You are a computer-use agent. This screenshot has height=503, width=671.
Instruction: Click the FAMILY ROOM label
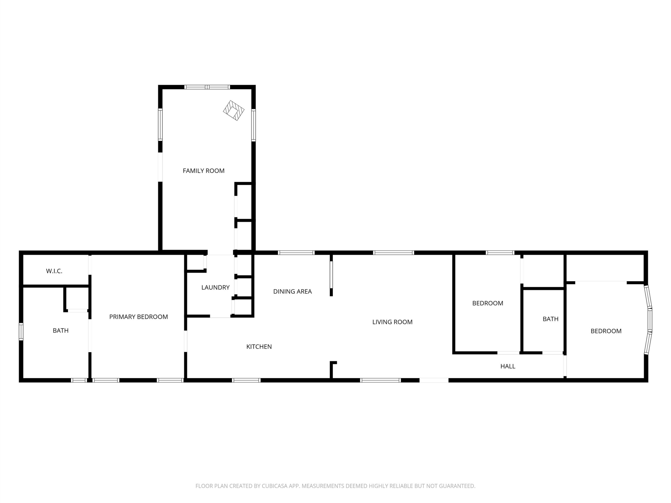pyautogui.click(x=204, y=171)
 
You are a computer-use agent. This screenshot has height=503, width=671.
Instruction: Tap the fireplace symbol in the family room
pyautogui.click(x=234, y=110)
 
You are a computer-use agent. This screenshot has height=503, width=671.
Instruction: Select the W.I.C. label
pyautogui.click(x=54, y=271)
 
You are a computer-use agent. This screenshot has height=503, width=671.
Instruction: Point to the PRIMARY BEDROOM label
pyautogui.click(x=139, y=317)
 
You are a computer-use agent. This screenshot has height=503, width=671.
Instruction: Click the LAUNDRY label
pyautogui.click(x=215, y=287)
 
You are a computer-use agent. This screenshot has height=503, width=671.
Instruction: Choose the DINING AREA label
pyautogui.click(x=293, y=292)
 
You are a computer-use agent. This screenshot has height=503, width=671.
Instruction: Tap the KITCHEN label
pyautogui.click(x=259, y=347)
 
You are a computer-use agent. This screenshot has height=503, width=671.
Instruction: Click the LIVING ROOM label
pyautogui.click(x=392, y=322)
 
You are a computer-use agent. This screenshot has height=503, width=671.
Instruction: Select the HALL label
pyautogui.click(x=508, y=366)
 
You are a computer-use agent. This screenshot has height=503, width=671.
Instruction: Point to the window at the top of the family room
pyautogui.click(x=207, y=87)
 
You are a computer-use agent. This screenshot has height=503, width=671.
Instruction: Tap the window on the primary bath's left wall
pyautogui.click(x=21, y=331)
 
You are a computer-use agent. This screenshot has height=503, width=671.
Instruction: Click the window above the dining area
pyautogui.click(x=296, y=253)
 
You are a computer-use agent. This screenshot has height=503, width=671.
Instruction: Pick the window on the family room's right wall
pyautogui.click(x=254, y=125)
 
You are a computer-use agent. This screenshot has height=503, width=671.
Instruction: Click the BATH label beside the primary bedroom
pyautogui.click(x=61, y=330)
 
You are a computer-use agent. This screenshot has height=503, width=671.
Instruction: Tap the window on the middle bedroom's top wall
pyautogui.click(x=500, y=253)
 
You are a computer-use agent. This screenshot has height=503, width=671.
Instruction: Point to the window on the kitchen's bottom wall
pyautogui.click(x=246, y=380)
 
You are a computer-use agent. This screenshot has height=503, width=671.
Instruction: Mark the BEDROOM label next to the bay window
pyautogui.click(x=606, y=331)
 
